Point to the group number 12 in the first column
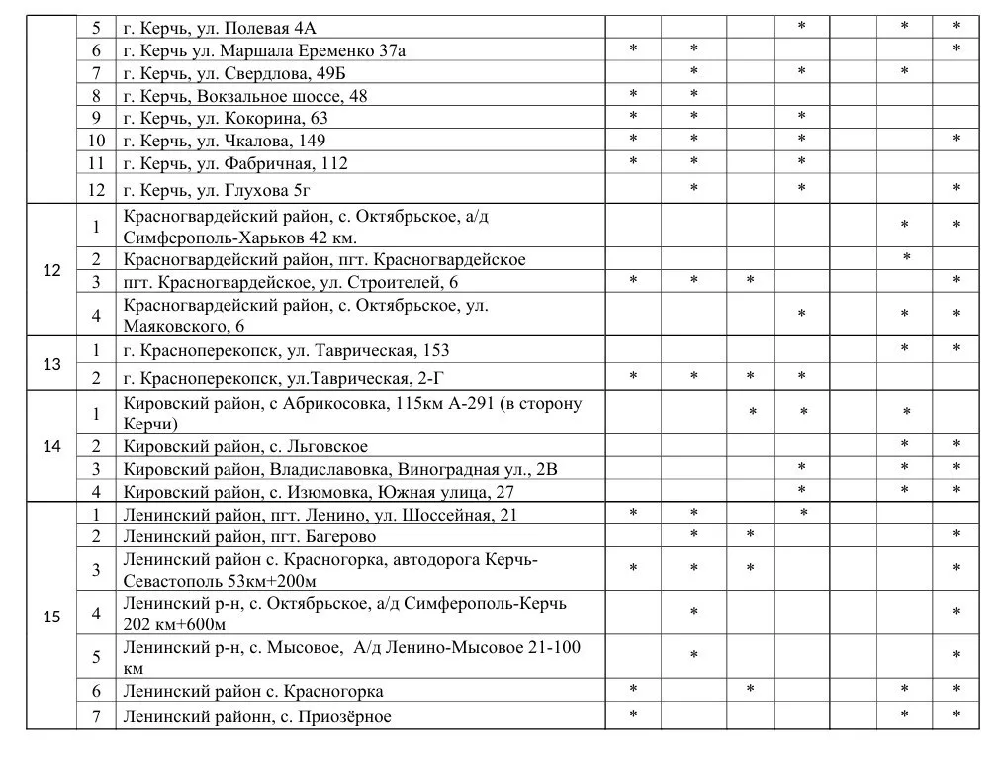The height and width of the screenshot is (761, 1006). [52, 270]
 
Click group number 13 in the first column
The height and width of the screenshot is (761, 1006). [52, 364]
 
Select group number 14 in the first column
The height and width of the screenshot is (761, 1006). [52, 446]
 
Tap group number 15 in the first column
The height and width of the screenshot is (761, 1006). [52, 617]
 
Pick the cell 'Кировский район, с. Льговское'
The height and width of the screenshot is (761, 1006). [245, 447]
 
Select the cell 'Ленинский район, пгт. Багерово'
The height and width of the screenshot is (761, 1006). [249, 536]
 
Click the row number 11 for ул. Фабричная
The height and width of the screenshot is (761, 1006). [96, 163]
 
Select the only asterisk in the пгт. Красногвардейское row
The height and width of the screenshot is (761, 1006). [906, 259]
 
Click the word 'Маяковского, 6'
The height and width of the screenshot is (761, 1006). [184, 326]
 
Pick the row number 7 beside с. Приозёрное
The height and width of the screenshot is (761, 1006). [96, 716]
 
